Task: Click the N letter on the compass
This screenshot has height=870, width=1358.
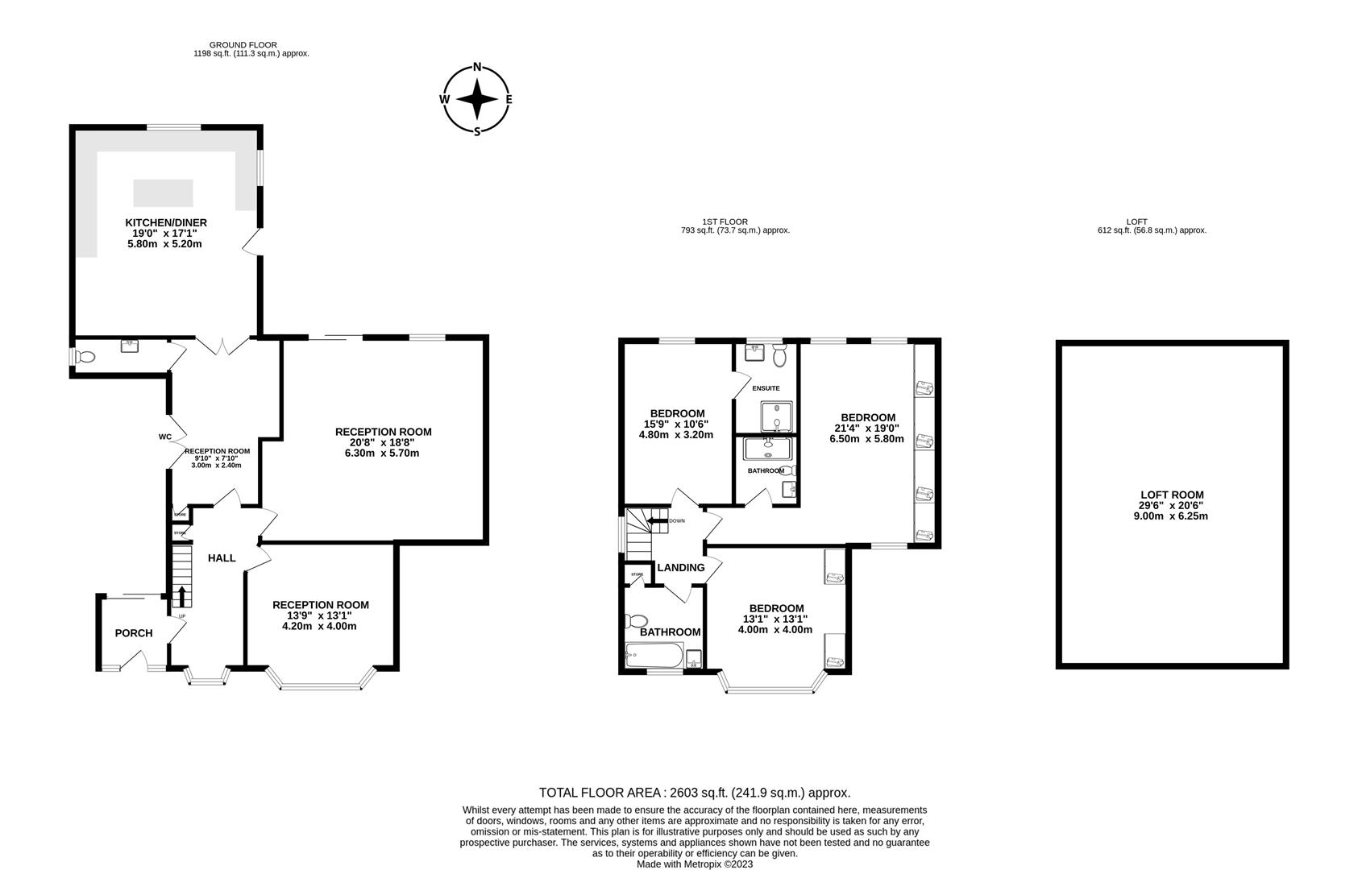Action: (x=477, y=68)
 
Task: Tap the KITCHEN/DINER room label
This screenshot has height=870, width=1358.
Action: (x=166, y=222)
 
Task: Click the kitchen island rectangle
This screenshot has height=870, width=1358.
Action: (x=164, y=193)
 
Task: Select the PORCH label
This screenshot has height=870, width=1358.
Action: (x=134, y=633)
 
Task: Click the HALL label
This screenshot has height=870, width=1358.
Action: (x=222, y=557)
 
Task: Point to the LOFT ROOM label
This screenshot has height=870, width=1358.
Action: (x=1172, y=495)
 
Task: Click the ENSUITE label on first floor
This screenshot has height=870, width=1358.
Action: (x=766, y=388)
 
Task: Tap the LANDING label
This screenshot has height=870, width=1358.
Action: (x=681, y=568)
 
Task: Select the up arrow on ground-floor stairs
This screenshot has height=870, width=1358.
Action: (x=181, y=597)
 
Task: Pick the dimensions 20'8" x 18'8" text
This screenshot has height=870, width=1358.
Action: (x=383, y=442)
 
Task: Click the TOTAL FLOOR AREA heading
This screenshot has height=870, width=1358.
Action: (x=694, y=793)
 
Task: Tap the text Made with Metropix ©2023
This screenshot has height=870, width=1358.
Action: (x=695, y=864)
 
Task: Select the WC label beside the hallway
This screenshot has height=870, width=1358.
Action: (x=165, y=437)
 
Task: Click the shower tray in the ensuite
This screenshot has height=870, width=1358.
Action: (x=776, y=416)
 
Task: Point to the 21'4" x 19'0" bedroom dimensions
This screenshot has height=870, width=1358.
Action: (x=866, y=429)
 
